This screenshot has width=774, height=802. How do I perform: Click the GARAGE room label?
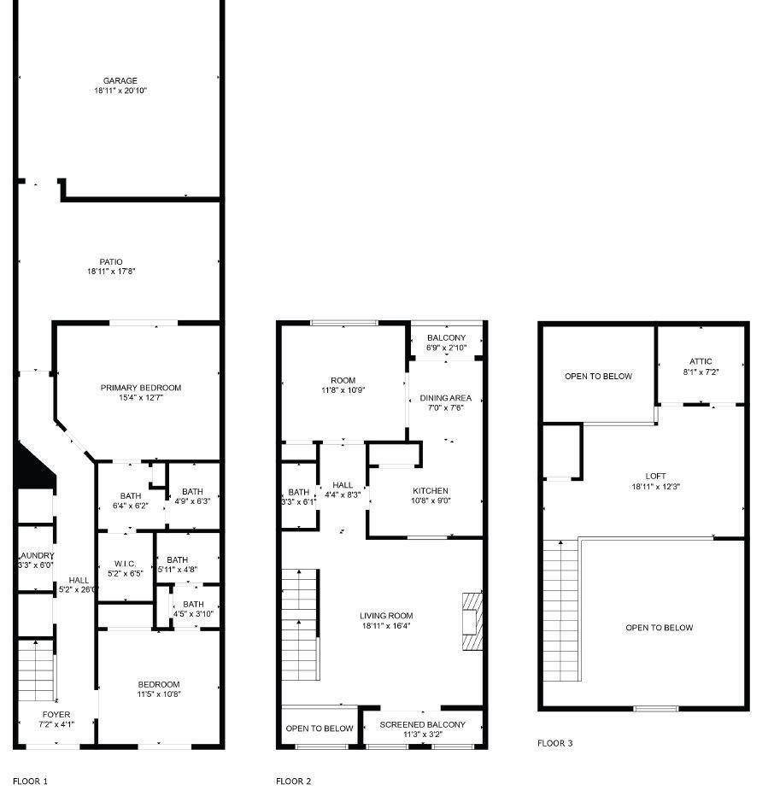point(120,81)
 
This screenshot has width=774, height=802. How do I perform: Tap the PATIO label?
point(111,262)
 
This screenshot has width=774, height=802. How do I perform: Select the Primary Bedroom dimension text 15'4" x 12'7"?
point(141,397)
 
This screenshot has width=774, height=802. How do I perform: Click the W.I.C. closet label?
point(126,564)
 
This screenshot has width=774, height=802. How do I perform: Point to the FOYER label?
point(56,715)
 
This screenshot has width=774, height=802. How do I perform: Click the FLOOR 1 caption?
point(30,781)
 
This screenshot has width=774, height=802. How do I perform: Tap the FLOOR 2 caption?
point(294,781)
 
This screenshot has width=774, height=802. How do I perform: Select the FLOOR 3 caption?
point(555,743)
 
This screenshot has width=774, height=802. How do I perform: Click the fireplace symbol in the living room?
point(472,621)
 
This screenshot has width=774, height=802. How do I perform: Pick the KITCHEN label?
point(431,491)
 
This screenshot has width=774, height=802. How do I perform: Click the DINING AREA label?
point(446,398)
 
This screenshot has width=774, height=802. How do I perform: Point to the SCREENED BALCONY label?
point(423,725)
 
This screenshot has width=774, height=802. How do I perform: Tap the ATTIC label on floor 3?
point(701,361)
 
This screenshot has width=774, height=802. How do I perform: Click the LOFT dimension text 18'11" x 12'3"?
point(656,487)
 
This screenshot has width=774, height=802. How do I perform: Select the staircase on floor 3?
point(560,611)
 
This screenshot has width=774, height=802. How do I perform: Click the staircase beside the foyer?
point(36,670)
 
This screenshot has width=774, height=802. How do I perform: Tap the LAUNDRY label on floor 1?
point(37,555)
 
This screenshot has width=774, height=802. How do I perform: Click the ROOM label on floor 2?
point(343,381)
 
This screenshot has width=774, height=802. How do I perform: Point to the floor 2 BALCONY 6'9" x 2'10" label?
point(447,342)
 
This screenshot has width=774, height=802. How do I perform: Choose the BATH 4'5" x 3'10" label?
point(193,609)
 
